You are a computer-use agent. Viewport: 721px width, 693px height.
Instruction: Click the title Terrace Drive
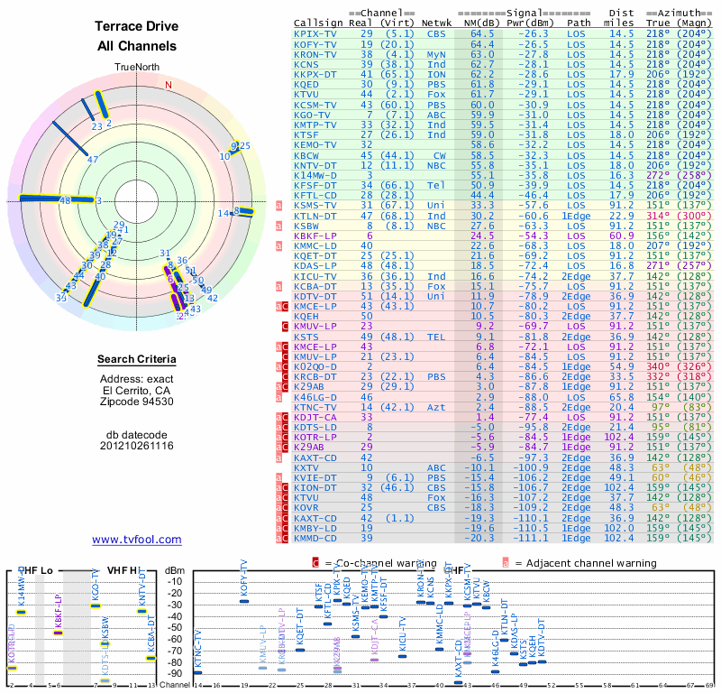point(137,27)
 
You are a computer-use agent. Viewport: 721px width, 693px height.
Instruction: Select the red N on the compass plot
point(168,85)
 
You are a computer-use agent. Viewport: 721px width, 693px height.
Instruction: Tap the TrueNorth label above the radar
point(137,68)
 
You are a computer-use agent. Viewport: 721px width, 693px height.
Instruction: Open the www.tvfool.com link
point(137,540)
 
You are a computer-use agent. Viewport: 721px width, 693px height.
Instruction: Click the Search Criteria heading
point(137,360)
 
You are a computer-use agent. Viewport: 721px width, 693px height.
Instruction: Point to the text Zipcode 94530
point(137,401)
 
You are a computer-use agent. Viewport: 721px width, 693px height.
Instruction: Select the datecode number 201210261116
point(137,446)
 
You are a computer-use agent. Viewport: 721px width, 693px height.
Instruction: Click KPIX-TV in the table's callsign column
point(315,33)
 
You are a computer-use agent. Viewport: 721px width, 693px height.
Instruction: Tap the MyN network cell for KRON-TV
point(437,53)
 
